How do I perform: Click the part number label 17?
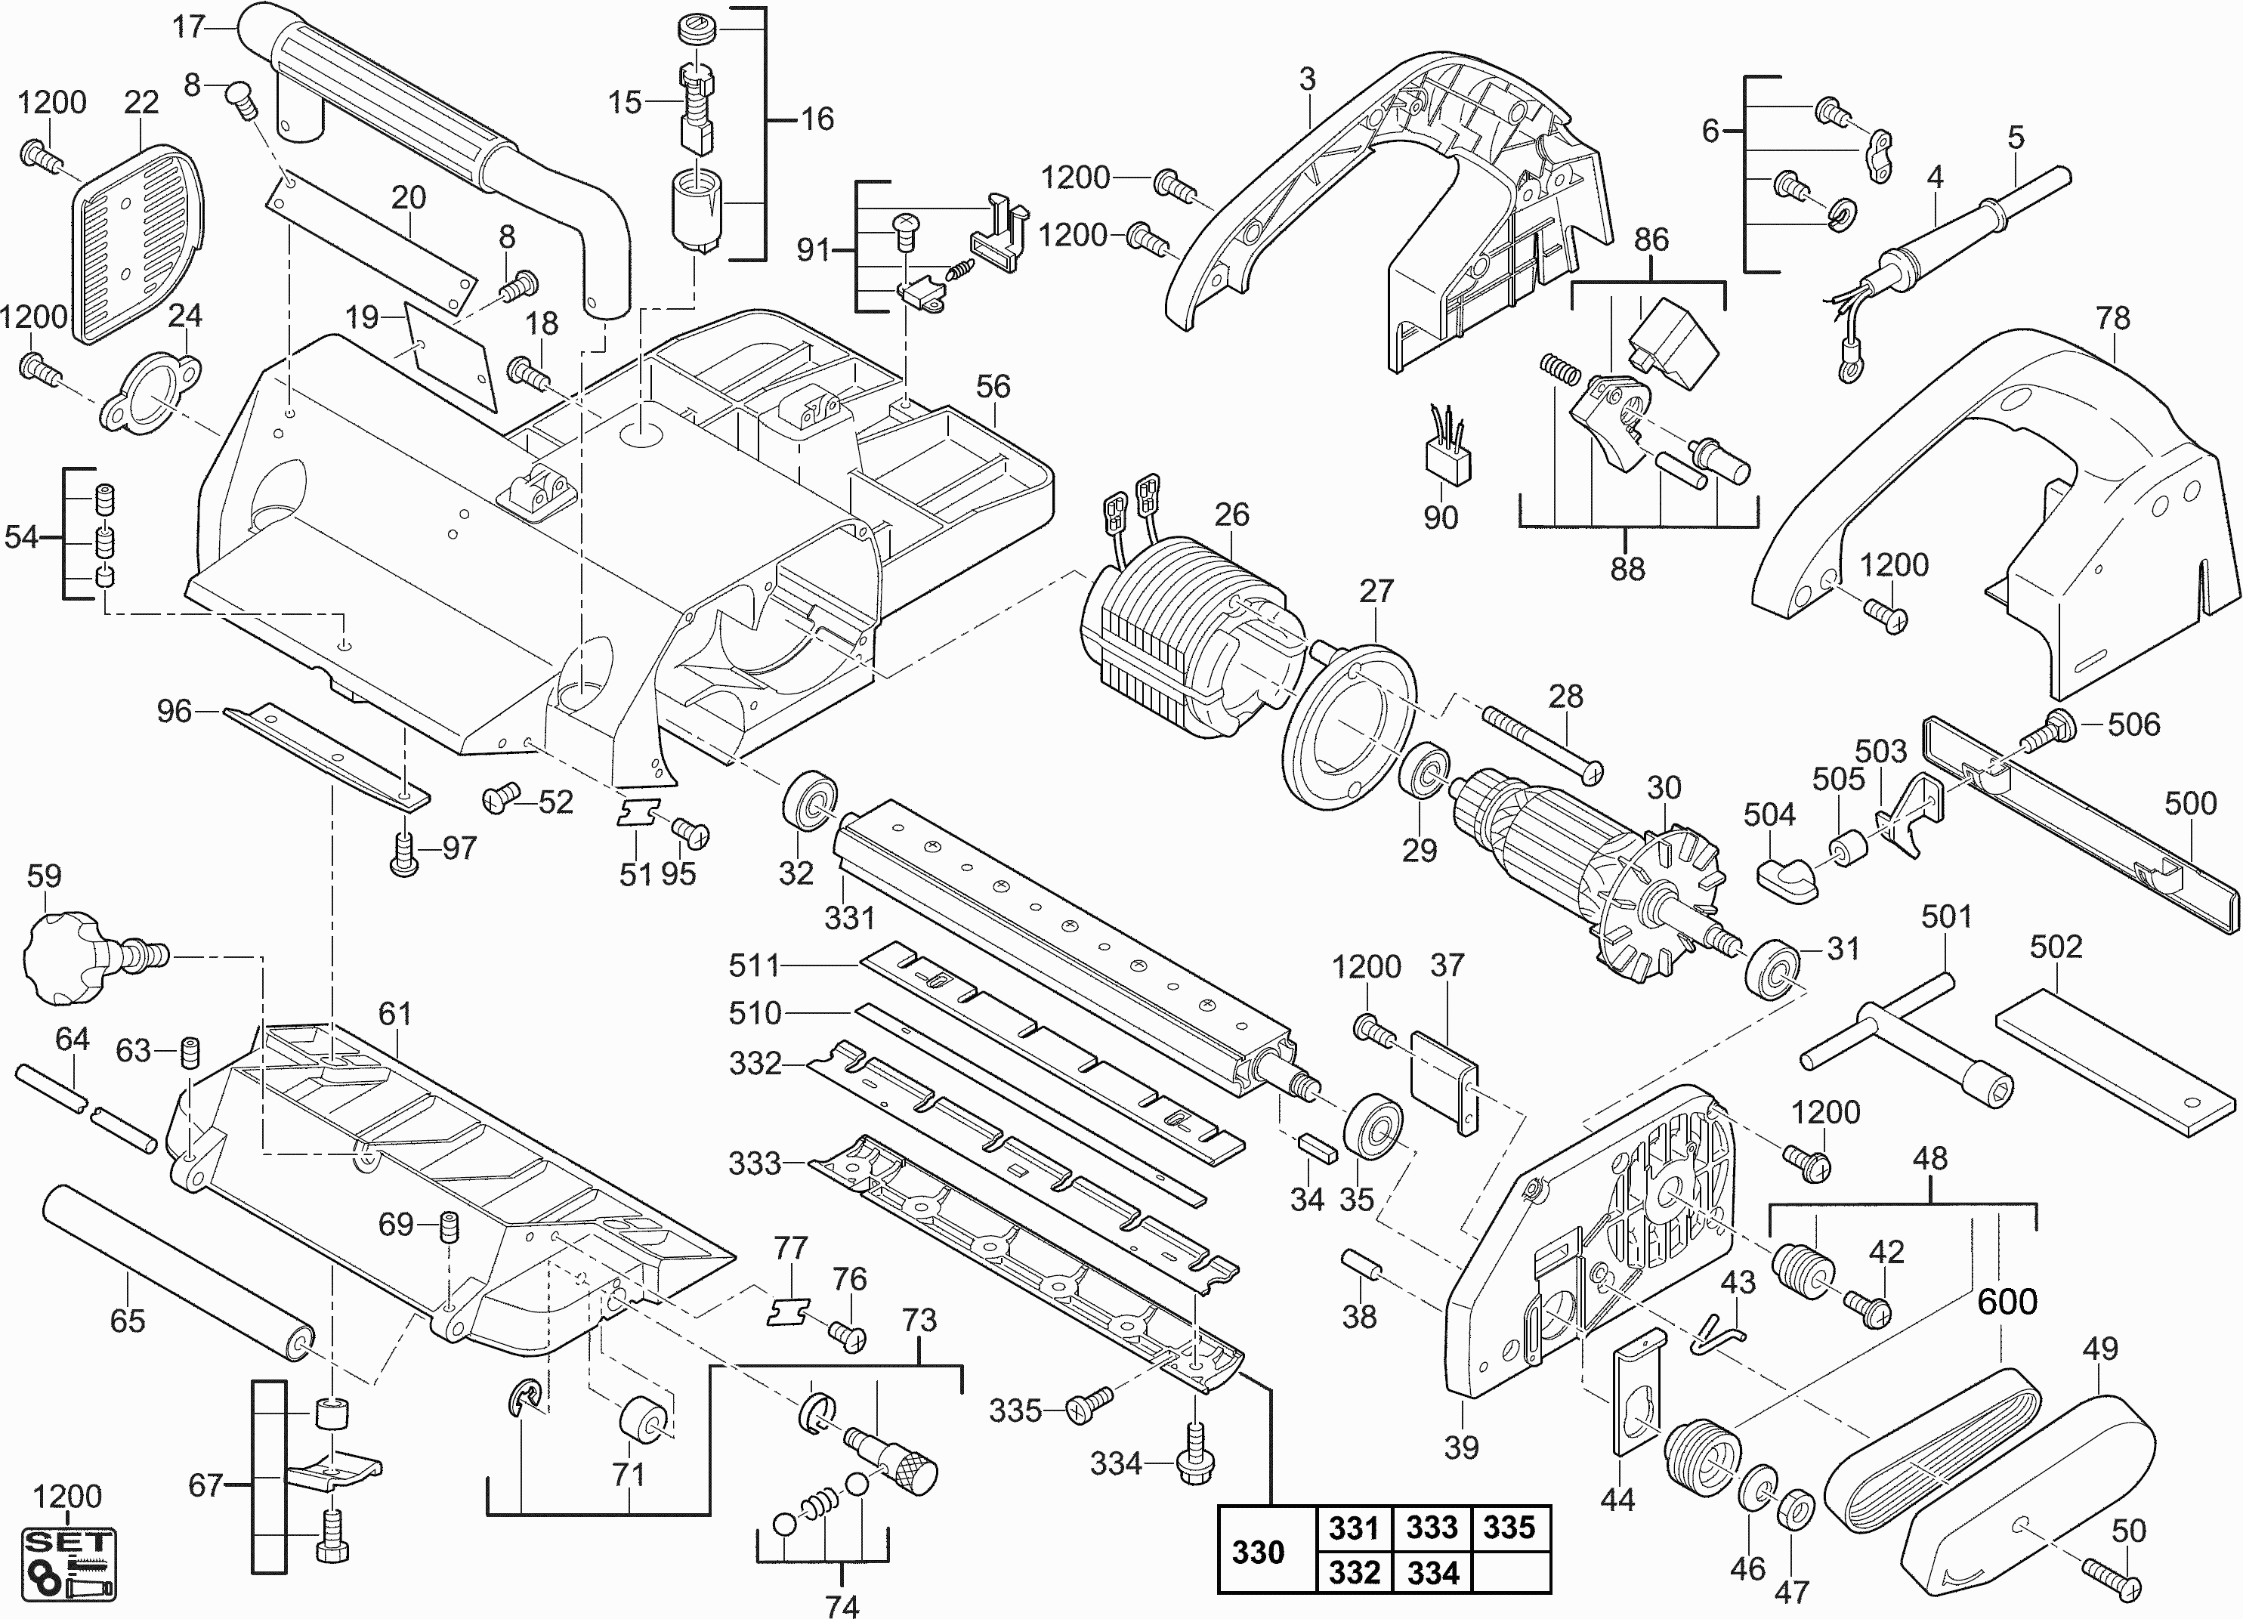point(188,26)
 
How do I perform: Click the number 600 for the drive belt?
point(2007,1300)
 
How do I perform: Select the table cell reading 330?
point(1257,1552)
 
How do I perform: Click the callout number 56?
point(993,387)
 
